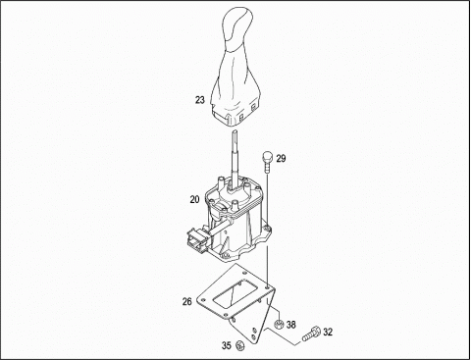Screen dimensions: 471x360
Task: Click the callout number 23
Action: pyautogui.click(x=200, y=100)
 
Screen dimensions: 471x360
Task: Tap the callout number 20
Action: pyautogui.click(x=194, y=199)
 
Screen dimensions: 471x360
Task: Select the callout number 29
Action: pyautogui.click(x=281, y=159)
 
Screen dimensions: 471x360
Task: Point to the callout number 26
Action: pyautogui.click(x=186, y=301)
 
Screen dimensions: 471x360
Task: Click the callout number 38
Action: pyautogui.click(x=290, y=325)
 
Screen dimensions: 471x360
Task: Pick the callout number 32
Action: pyautogui.click(x=328, y=333)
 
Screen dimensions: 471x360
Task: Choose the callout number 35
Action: pyautogui.click(x=227, y=345)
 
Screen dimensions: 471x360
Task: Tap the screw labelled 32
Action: pyautogui.click(x=311, y=334)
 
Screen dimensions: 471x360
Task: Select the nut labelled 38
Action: pyautogui.click(x=278, y=324)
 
